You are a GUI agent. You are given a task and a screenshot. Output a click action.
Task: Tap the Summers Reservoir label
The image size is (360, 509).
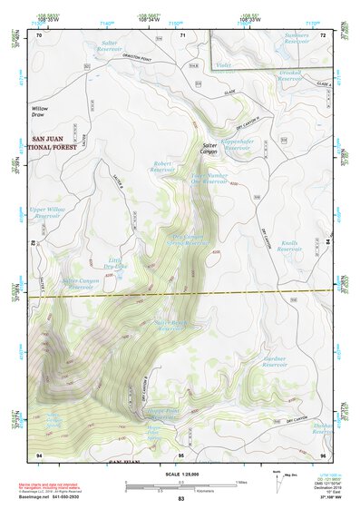coord(297,39)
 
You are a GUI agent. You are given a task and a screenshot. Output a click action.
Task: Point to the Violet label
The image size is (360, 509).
coord(224,65)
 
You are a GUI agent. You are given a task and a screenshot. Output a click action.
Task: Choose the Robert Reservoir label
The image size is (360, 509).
coord(161,167)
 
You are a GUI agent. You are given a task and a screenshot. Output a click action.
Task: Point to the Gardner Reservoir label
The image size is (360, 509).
coord(274,362)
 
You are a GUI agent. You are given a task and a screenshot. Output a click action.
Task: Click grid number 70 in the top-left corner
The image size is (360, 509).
coord(39,34)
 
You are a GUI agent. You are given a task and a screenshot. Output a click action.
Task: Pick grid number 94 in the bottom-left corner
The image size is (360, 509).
coord(39,454)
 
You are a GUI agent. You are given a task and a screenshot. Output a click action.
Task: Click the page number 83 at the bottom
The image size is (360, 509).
coord(180,500)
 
